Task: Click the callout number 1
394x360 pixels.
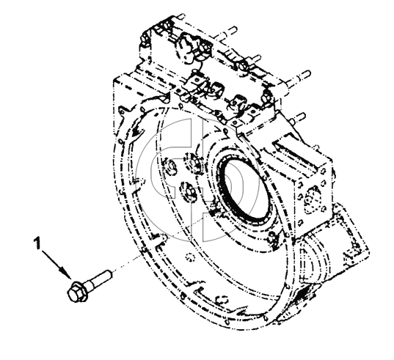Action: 37,243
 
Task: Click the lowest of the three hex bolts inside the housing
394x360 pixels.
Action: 186,191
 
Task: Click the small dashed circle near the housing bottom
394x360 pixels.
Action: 189,257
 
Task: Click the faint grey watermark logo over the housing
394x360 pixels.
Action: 197,179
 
